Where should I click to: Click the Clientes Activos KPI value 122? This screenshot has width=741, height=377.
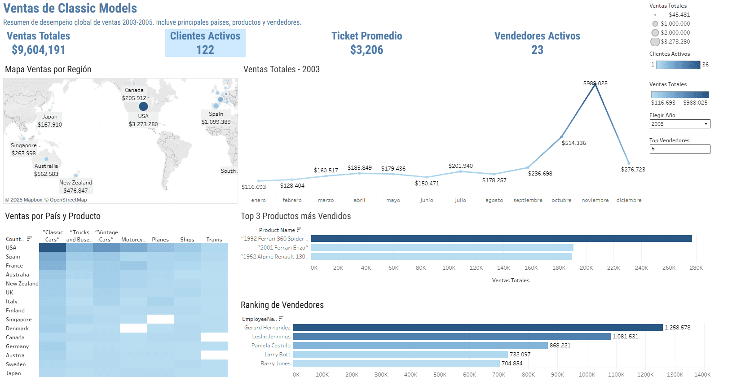tap(205, 50)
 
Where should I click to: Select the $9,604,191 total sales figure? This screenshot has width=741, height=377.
tap(39, 50)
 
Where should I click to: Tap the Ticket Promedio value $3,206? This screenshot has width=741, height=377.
tap(366, 50)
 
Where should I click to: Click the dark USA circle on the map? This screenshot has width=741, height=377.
tap(143, 106)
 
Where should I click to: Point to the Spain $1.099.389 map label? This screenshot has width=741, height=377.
tap(216, 118)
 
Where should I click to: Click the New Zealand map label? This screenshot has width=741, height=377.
tap(75, 183)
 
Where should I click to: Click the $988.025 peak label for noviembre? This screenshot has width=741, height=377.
tap(595, 83)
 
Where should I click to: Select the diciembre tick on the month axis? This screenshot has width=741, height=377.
tap(629, 200)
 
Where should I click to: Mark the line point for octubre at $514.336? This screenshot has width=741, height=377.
tap(561, 137)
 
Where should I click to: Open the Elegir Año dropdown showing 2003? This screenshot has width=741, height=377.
tap(679, 124)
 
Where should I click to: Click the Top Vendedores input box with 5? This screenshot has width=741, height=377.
tap(679, 149)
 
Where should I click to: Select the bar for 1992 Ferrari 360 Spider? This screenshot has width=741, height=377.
tap(501, 239)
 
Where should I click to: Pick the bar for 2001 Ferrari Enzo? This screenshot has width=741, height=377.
tap(442, 248)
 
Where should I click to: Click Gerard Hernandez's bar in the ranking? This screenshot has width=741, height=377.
tap(478, 328)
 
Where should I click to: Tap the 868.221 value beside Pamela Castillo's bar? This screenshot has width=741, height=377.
tap(560, 346)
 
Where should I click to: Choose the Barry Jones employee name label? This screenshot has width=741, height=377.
tap(275, 364)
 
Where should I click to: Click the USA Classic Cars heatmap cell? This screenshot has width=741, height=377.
tap(53, 248)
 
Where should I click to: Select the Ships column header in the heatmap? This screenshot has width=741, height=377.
tap(187, 240)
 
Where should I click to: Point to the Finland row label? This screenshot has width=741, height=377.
tap(15, 311)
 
